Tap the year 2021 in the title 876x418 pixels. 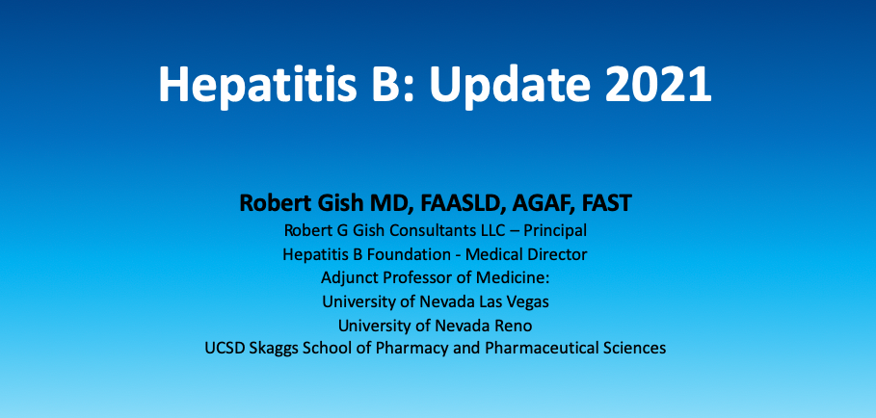point(658,84)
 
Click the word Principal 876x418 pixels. point(555,230)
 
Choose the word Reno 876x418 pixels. point(517,326)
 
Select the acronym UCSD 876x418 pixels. point(224,349)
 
